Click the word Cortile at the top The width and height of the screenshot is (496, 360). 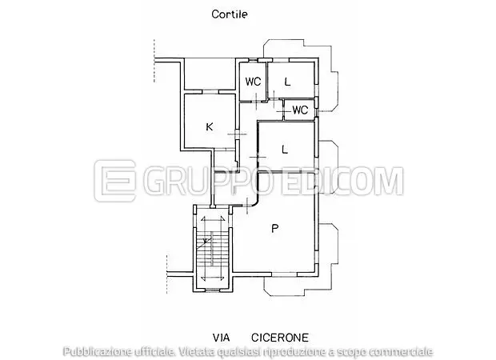(230, 14)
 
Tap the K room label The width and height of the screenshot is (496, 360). (209, 126)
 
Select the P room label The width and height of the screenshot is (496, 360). (274, 229)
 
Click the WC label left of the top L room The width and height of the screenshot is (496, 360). (253, 82)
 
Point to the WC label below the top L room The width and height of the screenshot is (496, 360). (301, 110)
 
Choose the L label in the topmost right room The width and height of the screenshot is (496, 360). (286, 82)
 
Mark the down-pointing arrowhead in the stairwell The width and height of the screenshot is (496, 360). (213, 277)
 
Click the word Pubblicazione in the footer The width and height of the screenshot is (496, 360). (96, 351)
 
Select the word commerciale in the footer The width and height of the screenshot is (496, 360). (399, 351)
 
